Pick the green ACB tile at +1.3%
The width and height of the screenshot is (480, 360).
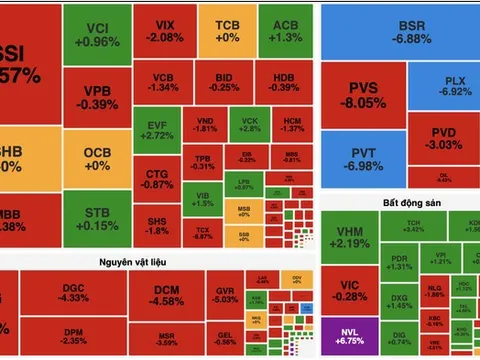point(284,29)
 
